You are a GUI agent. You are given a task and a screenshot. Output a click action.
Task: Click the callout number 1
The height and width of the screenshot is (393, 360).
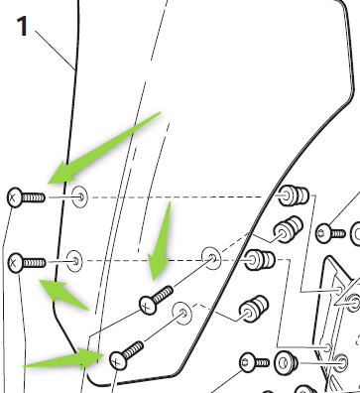click(23, 26)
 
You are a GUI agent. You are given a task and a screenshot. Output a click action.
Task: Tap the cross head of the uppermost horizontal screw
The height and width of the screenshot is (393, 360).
click(14, 197)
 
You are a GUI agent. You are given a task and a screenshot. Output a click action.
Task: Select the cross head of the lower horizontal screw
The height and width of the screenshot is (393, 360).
click(15, 263)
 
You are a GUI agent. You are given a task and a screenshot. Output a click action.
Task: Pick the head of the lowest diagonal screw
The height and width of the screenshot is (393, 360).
click(119, 360)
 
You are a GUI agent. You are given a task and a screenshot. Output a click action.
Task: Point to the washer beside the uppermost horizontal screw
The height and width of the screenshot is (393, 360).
click(80, 197)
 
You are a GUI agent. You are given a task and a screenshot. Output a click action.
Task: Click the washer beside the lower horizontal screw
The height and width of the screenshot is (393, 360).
click(74, 261)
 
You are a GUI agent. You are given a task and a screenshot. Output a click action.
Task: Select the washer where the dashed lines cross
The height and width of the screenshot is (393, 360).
click(211, 257)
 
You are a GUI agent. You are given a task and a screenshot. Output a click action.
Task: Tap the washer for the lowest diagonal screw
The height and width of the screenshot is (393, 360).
click(182, 313)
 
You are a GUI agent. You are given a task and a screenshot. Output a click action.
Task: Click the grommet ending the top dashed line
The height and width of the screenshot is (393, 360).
click(294, 196)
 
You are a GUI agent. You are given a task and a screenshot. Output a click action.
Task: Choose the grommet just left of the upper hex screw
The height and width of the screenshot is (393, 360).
click(288, 230)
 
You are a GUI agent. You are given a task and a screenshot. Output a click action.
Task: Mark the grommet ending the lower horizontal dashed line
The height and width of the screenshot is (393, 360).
click(260, 260)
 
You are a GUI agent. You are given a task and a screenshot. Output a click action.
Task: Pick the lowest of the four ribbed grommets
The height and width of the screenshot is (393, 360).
click(253, 309)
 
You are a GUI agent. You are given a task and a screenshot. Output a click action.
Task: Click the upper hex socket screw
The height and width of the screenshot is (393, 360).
click(330, 233)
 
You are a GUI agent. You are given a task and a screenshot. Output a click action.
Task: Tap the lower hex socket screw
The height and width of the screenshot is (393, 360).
click(254, 362)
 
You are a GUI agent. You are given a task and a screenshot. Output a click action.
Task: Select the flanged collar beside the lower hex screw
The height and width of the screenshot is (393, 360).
click(287, 363)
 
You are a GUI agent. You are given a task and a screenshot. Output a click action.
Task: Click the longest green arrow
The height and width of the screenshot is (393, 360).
click(104, 148)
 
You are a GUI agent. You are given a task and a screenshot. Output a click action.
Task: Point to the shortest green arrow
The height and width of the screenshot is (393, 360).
click(63, 295)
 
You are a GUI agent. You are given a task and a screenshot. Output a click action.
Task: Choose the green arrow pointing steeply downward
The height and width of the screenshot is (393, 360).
click(161, 241)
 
